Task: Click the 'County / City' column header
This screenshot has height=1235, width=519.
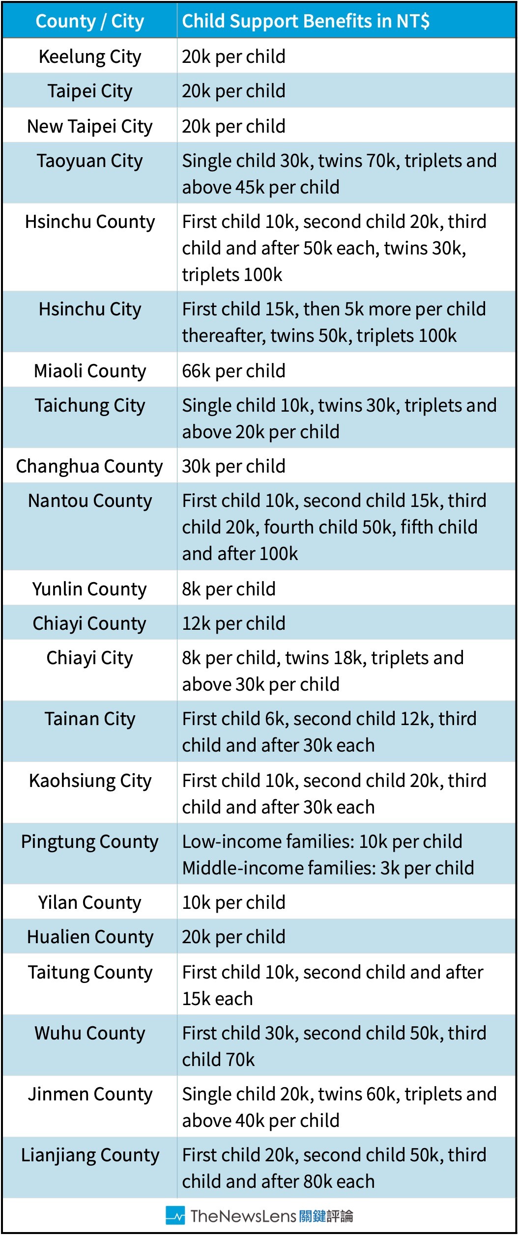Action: pos(89,21)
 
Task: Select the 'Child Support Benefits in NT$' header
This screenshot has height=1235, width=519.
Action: pos(306,21)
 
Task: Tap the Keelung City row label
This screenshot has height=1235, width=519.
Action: pos(90,57)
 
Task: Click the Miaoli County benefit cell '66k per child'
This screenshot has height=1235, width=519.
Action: pos(233,371)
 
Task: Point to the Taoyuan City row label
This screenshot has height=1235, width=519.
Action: pos(90,161)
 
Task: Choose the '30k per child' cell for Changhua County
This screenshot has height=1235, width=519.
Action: pos(233,466)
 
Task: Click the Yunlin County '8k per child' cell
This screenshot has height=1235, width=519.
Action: pos(229,589)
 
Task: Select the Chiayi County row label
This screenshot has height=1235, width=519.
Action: pos(89,623)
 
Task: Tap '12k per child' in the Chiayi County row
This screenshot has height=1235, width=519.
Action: pos(233,623)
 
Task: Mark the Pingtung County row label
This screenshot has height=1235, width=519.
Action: pos(89,842)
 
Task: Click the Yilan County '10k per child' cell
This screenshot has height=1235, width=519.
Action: pos(233,902)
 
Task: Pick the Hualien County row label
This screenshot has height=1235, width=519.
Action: pos(90,937)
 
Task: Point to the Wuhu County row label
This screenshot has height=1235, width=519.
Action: pos(90,1033)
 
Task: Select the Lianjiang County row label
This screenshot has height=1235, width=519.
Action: pos(90,1155)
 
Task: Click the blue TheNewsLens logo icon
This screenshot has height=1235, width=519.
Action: pos(175,1215)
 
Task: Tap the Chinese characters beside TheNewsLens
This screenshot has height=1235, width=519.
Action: pos(326,1216)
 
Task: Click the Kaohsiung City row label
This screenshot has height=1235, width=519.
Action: pos(90,781)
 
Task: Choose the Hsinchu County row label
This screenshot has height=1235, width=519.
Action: pos(90,222)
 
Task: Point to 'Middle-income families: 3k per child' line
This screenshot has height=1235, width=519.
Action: pos(328,868)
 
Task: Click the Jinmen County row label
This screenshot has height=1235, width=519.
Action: pos(90,1094)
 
